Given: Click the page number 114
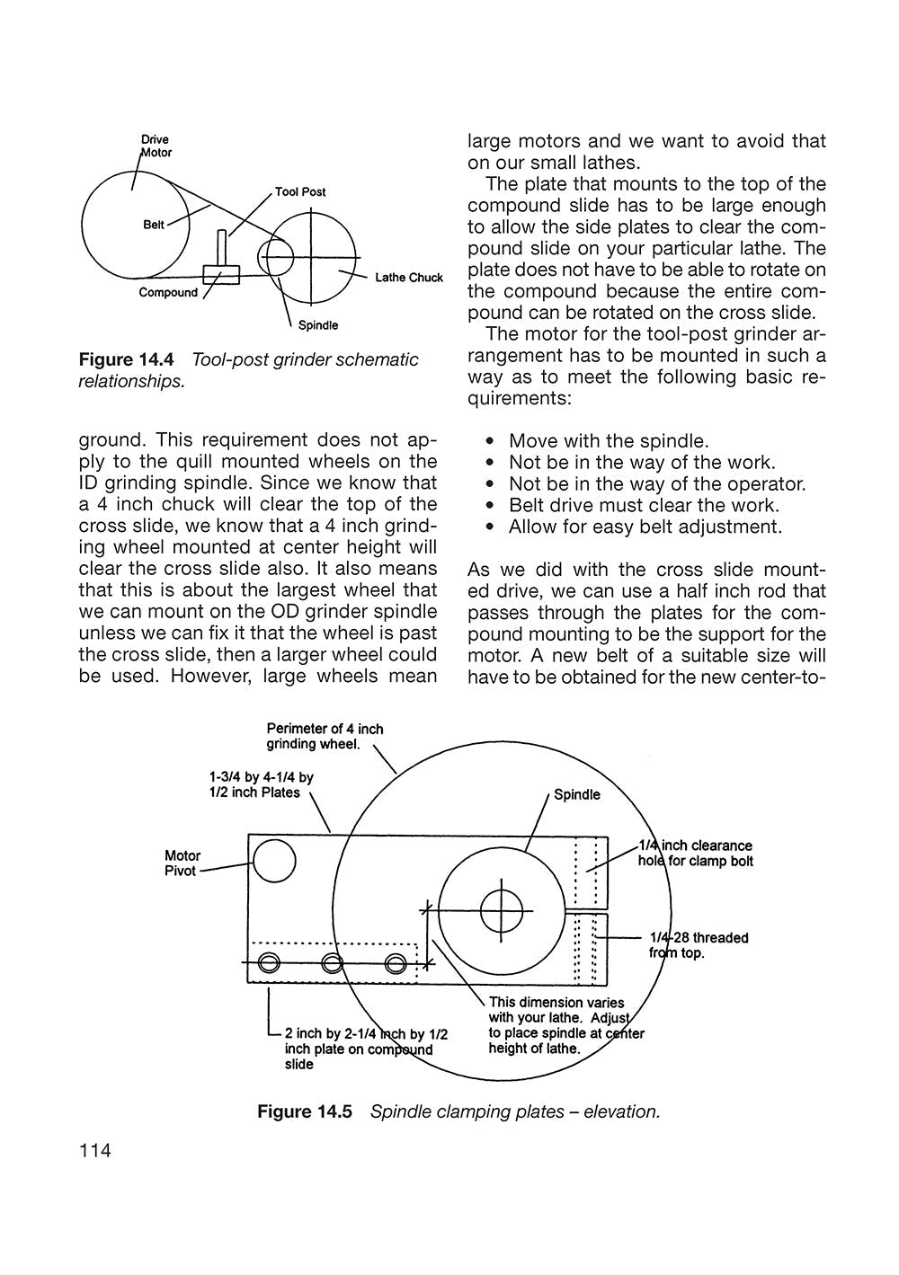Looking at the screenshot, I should point(95,1150).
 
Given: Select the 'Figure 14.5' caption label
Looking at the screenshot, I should point(308,1111).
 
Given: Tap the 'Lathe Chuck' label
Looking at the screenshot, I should point(409,278).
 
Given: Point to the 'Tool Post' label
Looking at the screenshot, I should point(300,192).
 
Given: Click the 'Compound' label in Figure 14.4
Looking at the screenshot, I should point(168,293).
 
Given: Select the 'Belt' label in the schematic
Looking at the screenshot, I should point(154,225).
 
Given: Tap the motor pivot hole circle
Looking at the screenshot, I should point(274,863).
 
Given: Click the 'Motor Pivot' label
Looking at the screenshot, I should point(182,863).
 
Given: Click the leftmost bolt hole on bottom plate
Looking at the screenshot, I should point(268,964).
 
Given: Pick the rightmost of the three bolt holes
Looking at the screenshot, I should point(395,964).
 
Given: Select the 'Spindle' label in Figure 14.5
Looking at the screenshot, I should point(576,794).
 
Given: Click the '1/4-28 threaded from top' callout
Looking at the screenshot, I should point(698,945).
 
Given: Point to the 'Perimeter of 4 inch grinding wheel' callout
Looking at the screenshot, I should point(324,736).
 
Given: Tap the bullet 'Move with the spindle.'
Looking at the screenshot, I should point(609,441).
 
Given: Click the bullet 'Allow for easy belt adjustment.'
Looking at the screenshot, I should point(645,527).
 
